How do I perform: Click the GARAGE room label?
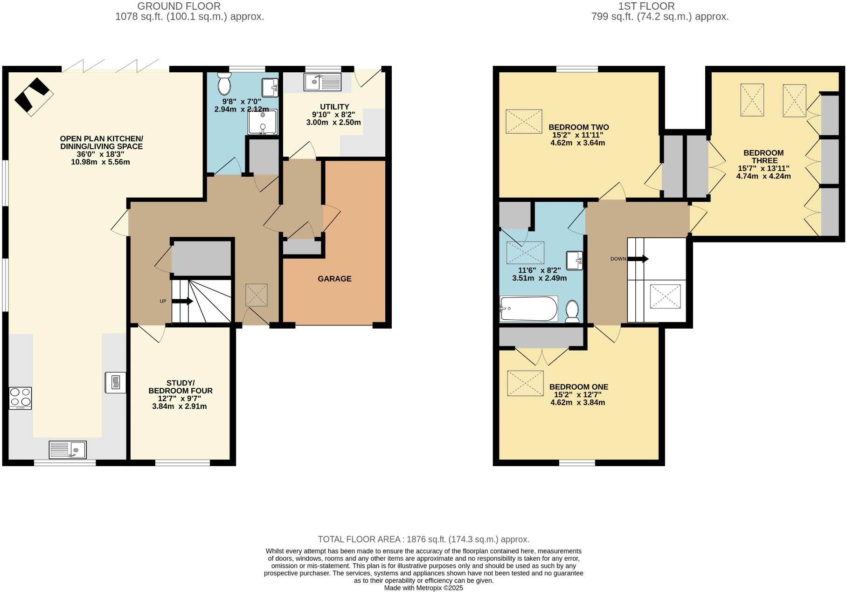pos(334,279)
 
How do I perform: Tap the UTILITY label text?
pos(334,107)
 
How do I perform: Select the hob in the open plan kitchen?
pos(21,398)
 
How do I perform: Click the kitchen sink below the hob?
pos(68,449)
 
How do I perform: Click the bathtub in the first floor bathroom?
pos(528,309)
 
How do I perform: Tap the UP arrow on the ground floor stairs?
pos(182,301)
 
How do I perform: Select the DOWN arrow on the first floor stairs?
pos(638,259)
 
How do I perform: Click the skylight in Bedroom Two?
pos(524,122)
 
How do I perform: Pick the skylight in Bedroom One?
pos(525,383)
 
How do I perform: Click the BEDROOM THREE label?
pos(764,157)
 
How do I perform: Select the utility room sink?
pos(323,82)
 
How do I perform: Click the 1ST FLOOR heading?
pos(646,6)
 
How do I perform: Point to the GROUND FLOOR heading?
pos(179,6)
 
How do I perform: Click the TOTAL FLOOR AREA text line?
pos(423,539)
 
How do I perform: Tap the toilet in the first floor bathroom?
pos(572,311)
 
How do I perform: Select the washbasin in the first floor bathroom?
pos(575,260)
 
